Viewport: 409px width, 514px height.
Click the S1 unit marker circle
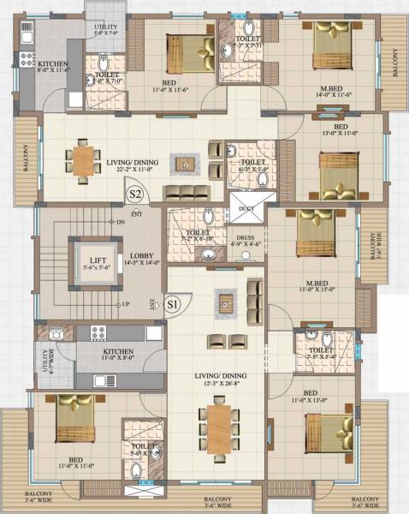pos(172,303)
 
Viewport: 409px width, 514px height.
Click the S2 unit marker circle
pos(134,194)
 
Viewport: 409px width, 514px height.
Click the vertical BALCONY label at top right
pos(395,63)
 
